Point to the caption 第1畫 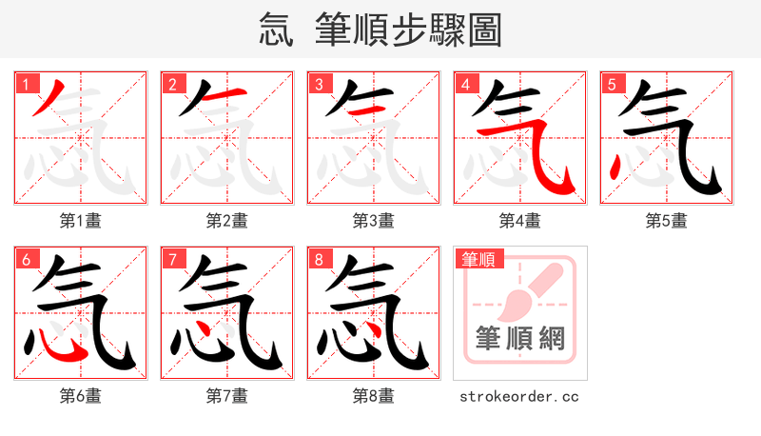click(81, 221)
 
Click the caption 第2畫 click(227, 221)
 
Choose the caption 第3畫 click(374, 221)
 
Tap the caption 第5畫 click(667, 221)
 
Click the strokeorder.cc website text click(519, 396)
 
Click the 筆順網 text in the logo click(520, 339)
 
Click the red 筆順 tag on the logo click(481, 259)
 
